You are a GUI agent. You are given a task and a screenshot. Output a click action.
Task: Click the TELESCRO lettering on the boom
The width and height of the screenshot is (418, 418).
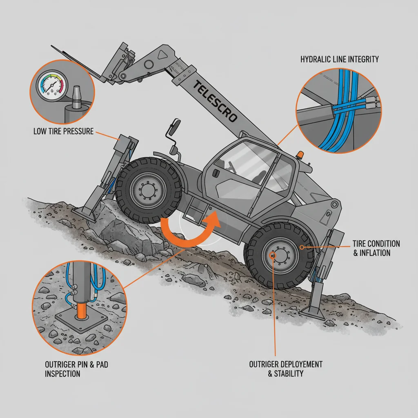pyautogui.click(x=215, y=101)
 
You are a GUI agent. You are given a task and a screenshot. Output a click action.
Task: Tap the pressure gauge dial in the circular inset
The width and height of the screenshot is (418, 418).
pyautogui.click(x=52, y=85)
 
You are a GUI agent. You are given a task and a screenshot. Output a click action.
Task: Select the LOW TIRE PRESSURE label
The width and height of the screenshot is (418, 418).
pyautogui.click(x=63, y=131)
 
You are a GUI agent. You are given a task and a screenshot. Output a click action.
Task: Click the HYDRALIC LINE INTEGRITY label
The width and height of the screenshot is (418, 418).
pyautogui.click(x=340, y=59)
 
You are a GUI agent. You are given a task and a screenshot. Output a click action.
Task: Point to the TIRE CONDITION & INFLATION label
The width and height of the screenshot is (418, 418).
pyautogui.click(x=376, y=248)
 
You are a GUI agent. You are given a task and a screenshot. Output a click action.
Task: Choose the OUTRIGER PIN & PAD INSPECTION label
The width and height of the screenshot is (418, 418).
pyautogui.click(x=76, y=369)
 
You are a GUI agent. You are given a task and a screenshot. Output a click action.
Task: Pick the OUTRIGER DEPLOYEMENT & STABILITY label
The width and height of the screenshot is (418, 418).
pyautogui.click(x=286, y=369)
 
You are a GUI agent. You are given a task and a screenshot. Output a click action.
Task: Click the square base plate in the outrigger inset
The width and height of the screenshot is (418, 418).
pyautogui.click(x=81, y=319)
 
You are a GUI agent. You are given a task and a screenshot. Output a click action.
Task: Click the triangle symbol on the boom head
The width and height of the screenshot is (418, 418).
pyautogui.click(x=162, y=55)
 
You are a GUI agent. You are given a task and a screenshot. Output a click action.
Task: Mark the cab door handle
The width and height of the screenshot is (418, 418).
pyautogui.click(x=216, y=173)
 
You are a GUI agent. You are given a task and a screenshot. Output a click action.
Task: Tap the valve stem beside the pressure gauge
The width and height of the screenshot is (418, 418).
pyautogui.click(x=76, y=97)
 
